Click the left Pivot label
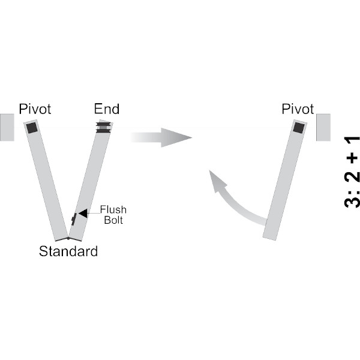tap(35, 109)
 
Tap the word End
tap(106, 109)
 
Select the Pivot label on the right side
tap(298, 109)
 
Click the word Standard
tap(68, 251)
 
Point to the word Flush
tap(113, 209)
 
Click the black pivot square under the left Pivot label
tap(32, 128)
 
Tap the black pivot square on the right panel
tap(298, 127)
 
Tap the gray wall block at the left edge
tap(7, 127)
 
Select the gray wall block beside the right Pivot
tap(322, 127)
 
